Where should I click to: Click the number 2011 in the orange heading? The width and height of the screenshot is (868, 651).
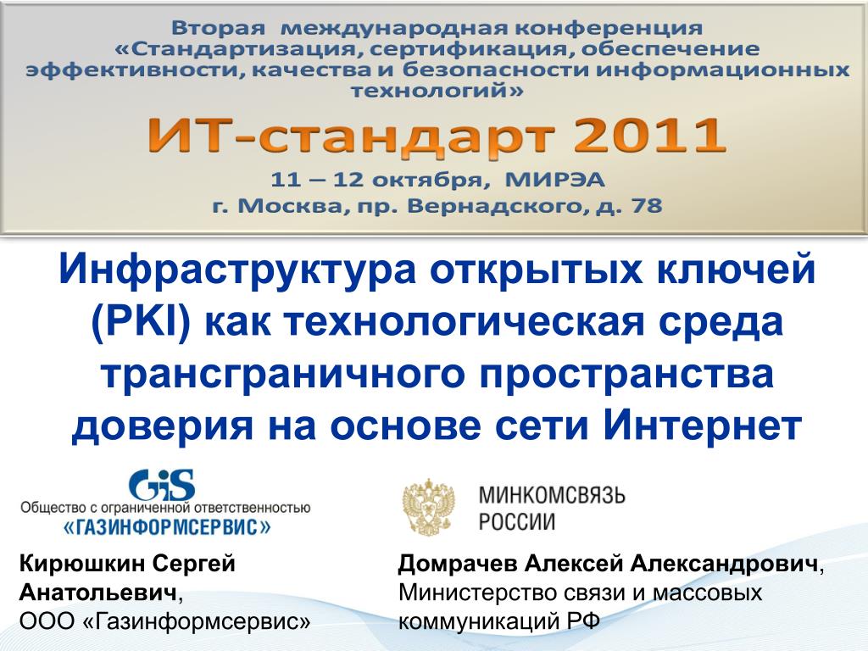pos(648,136)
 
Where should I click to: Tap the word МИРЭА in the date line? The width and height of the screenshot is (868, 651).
pos(554,180)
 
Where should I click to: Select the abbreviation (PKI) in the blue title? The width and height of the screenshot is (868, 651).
pos(142,323)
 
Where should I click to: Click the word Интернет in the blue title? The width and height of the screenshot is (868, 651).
pos(703,426)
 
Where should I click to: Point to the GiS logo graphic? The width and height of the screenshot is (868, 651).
pos(162,485)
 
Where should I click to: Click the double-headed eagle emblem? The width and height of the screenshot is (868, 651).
pos(429,507)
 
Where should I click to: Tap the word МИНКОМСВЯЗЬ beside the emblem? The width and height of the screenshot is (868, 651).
pos(552,494)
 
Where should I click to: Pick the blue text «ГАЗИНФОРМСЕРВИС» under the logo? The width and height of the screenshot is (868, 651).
pos(167,526)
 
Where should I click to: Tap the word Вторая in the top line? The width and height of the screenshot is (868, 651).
pos(219,27)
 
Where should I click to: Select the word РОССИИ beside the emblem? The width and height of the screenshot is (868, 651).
pos(517,522)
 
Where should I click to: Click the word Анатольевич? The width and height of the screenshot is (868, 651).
pos(98,593)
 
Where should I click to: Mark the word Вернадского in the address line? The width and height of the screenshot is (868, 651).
pos(494,207)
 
